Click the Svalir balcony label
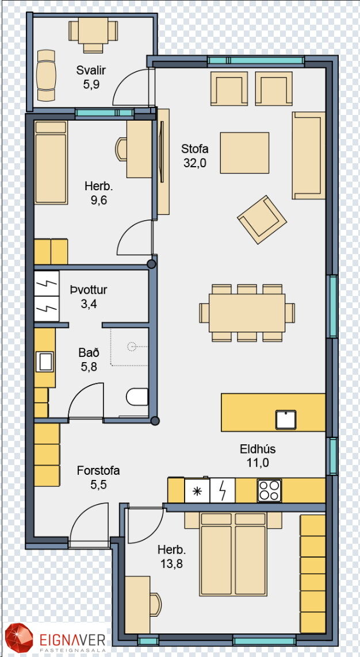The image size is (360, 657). pyautogui.click(x=90, y=70)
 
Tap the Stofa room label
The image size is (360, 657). pyautogui.click(x=195, y=148)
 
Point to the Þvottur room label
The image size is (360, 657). pyautogui.click(x=89, y=290)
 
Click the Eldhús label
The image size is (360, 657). pyautogui.click(x=258, y=449)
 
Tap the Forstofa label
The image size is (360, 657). pyautogui.click(x=98, y=471)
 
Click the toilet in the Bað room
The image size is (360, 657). pyautogui.click(x=137, y=397)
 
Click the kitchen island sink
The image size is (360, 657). pyautogui.click(x=286, y=420)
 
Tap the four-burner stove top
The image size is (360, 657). pyautogui.click(x=269, y=490)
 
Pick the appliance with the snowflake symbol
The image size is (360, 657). pyautogui.click(x=197, y=490)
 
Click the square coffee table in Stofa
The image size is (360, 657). pyautogui.click(x=245, y=152)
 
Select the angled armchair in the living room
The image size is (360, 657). pyautogui.click(x=262, y=219)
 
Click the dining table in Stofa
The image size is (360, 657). pyautogui.click(x=247, y=313)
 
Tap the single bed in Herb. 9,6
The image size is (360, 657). pyautogui.click(x=51, y=163)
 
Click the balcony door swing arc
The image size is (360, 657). pyautogui.click(x=124, y=82)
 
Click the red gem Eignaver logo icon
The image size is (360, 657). pyautogui.click(x=18, y=638)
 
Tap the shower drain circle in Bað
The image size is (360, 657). pyautogui.click(x=132, y=347)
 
